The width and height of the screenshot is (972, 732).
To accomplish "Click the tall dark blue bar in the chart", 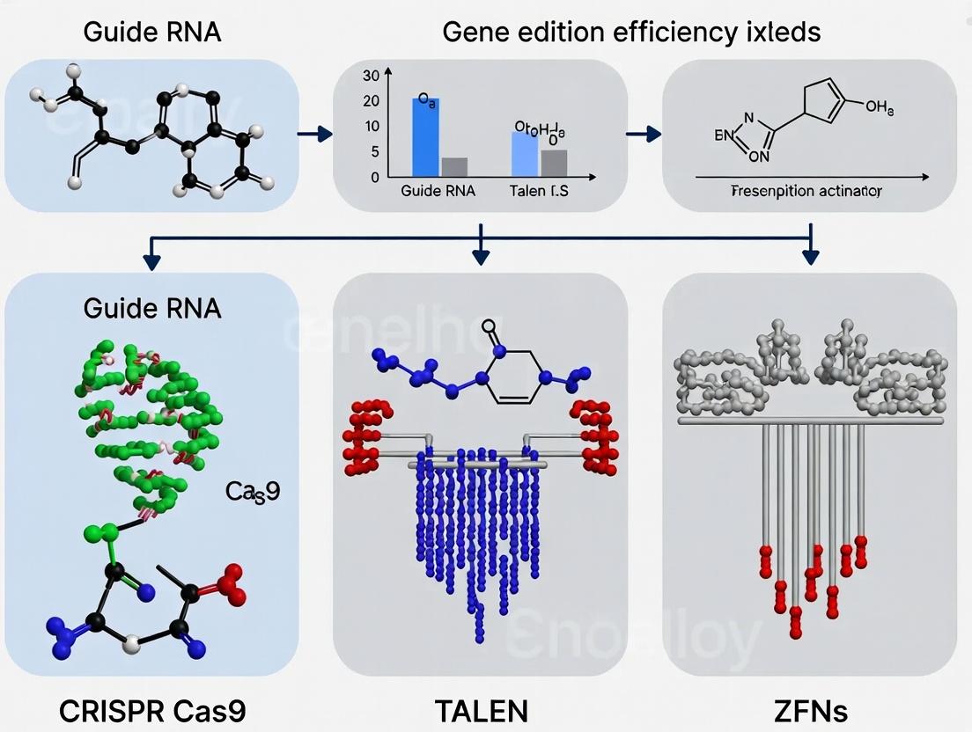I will click(425, 137).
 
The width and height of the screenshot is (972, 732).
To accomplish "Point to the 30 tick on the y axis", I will click(370, 76).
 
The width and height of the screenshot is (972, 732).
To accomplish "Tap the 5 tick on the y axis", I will click(374, 152).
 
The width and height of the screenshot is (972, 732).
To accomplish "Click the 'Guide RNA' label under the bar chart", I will click(438, 191).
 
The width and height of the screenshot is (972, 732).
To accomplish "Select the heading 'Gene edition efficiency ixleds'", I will click(630, 33).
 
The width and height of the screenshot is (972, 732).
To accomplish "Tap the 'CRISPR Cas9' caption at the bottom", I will click(152, 711).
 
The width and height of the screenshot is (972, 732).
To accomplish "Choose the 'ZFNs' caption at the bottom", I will click(811, 711).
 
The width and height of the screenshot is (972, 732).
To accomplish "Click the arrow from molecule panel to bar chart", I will click(314, 134).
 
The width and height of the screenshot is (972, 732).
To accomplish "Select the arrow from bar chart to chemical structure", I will click(643, 134).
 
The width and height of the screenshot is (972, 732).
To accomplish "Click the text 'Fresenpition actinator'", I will click(806, 191).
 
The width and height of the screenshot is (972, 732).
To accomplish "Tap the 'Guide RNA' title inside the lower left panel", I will click(152, 308).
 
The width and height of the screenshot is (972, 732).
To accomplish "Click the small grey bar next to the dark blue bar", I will click(454, 166).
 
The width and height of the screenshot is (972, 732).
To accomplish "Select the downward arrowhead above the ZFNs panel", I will click(811, 256).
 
